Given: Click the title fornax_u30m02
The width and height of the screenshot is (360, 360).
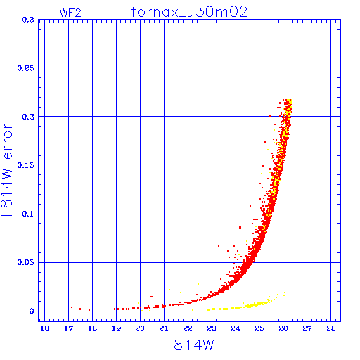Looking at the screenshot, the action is point(189,12).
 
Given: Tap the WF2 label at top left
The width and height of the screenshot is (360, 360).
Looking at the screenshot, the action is point(70,13).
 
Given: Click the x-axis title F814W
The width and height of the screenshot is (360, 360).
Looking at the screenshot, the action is point(190,345).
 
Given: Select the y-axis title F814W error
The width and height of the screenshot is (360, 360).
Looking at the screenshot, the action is point(7,170).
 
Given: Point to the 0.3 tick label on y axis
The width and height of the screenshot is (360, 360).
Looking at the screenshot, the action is point(28,20).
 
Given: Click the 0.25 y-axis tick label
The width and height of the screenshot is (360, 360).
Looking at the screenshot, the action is point(26,68).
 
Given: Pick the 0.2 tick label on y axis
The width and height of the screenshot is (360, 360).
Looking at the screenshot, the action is point(28,117).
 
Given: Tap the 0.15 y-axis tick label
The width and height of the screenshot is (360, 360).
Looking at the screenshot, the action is point(26,165).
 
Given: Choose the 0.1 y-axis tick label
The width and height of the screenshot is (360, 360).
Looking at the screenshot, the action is point(28,214).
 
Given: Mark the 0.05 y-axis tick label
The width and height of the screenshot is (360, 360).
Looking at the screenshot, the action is point(26,262).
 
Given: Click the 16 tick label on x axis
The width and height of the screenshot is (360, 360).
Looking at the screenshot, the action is point(44,328).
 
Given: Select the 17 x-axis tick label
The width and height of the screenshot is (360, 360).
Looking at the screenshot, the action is point(68,328).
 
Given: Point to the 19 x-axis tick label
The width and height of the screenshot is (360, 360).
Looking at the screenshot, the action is point(116,328).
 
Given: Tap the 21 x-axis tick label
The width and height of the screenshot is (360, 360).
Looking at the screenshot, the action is point(164,328).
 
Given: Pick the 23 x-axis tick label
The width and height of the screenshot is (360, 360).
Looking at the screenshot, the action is point(212,328).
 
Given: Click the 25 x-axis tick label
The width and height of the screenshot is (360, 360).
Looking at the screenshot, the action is point(259,328).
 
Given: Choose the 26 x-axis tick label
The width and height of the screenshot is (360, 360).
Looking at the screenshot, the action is point(283,328).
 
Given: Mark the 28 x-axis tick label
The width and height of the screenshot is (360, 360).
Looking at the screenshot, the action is point(331,328).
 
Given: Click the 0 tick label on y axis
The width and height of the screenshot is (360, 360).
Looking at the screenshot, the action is point(32,311).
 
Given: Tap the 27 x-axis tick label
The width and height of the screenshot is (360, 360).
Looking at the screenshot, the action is point(307,328).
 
